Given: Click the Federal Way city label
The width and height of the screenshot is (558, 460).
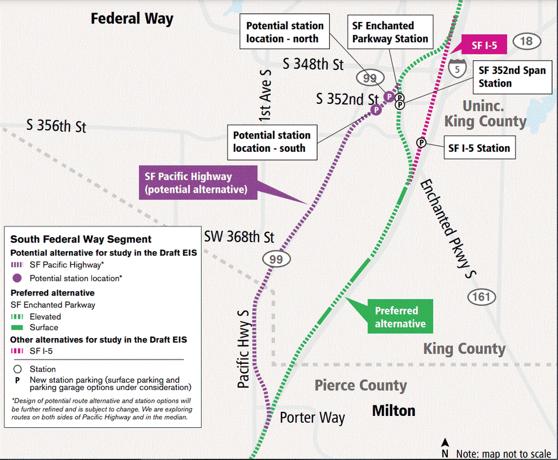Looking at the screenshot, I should click(132, 19).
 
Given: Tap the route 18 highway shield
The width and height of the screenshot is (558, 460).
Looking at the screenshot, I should click(526, 41).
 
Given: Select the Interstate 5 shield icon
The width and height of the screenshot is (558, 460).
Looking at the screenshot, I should click(457, 69).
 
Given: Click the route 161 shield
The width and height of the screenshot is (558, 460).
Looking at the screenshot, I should click(481, 297).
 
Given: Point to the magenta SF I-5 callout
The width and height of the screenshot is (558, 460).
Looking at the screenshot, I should click(482, 46).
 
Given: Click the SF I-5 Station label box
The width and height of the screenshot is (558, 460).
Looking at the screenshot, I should click(479, 148).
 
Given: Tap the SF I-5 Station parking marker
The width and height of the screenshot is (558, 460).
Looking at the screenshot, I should click(421, 142).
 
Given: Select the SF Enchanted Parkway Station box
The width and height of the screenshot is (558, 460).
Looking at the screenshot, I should click(390, 32).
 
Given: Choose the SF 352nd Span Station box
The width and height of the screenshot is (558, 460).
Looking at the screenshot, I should click(511, 76).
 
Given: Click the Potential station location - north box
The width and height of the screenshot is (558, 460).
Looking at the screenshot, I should click(284, 32).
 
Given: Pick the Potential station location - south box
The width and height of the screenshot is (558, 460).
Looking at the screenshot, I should click(272, 142).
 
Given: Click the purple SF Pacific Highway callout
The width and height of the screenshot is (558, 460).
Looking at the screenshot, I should click(198, 183).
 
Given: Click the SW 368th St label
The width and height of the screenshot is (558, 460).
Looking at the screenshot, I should click(239, 237).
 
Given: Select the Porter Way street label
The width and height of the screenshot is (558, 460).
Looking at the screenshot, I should click(312, 418).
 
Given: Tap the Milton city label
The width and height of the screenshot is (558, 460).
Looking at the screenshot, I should click(394, 410).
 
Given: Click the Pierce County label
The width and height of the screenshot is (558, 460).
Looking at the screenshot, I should click(361, 386).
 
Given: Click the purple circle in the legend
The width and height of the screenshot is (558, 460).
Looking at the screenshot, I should click(17, 278).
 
